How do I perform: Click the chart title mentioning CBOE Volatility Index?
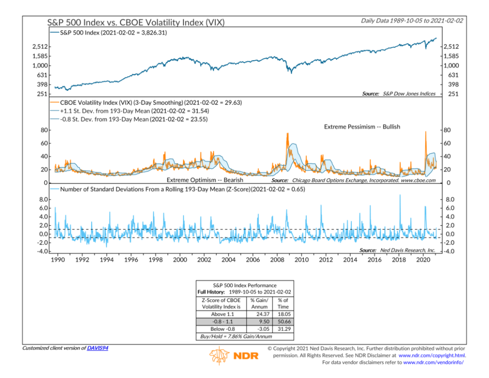[136, 22]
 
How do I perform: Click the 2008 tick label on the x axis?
[276, 259]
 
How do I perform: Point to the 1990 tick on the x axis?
[58, 259]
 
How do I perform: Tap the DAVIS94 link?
[97, 348]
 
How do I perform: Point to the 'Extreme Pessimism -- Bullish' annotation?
[362, 127]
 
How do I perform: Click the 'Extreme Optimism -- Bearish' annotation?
[205, 180]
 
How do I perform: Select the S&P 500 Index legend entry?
[109, 33]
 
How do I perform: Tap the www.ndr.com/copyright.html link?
[432, 356]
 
